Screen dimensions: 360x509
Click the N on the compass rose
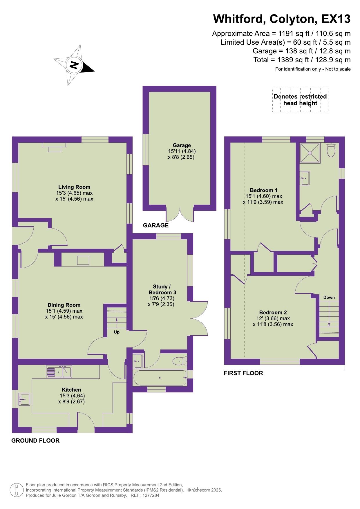pyautogui.click(x=74, y=65)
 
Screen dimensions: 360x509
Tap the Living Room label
pyautogui.click(x=74, y=187)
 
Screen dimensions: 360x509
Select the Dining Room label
pyautogui.click(x=64, y=305)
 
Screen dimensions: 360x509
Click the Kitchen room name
pyautogui.click(x=71, y=390)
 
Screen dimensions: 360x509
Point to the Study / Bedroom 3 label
pyautogui.click(x=162, y=289)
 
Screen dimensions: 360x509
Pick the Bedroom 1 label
pyautogui.click(x=264, y=190)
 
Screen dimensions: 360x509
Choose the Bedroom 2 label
pyautogui.click(x=273, y=312)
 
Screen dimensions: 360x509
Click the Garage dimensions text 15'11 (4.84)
pyautogui.click(x=182, y=151)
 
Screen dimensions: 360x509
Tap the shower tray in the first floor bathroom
pyautogui.click(x=310, y=153)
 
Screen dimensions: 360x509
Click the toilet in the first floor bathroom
pyautogui.click(x=331, y=149)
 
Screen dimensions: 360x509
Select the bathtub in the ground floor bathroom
pyautogui.click(x=160, y=378)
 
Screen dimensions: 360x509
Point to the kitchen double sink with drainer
pyautogui.click(x=59, y=372)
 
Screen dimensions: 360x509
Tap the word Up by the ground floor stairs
pyautogui.click(x=117, y=332)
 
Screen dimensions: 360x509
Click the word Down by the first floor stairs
pyautogui.click(x=329, y=297)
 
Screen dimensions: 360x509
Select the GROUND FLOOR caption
pyautogui.click(x=35, y=441)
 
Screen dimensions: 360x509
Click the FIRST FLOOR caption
pyautogui.click(x=243, y=373)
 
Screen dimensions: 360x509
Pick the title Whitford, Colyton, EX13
pyautogui.click(x=282, y=19)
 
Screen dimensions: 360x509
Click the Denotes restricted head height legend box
pyautogui.click(x=300, y=100)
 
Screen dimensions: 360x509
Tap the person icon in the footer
pyautogui.click(x=17, y=490)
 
